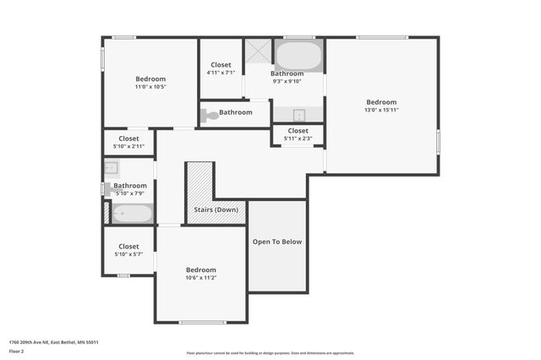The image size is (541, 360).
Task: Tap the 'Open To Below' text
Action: coord(277,242)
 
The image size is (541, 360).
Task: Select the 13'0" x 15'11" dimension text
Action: coord(380,110)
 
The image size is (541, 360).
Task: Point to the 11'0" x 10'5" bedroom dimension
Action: coord(150,86)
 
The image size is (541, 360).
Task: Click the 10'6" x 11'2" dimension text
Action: coord(201,277)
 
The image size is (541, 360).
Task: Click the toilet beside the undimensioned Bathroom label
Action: coord(209,114)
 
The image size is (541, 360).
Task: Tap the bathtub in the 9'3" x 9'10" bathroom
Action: coord(298,57)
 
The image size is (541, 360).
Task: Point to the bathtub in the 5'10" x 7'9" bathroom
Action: coord(133,213)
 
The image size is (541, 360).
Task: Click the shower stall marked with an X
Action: coord(258,51)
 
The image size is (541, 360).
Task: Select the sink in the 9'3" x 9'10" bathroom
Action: coord(298,115)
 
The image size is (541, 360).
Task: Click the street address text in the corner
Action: coord(54,342)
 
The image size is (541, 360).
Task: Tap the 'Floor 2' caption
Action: coord(17,351)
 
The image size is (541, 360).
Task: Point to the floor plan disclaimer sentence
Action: coord(270,352)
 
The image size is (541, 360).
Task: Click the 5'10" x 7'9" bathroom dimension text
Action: coord(130,194)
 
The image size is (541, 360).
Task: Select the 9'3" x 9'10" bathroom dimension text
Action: coord(287,81)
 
